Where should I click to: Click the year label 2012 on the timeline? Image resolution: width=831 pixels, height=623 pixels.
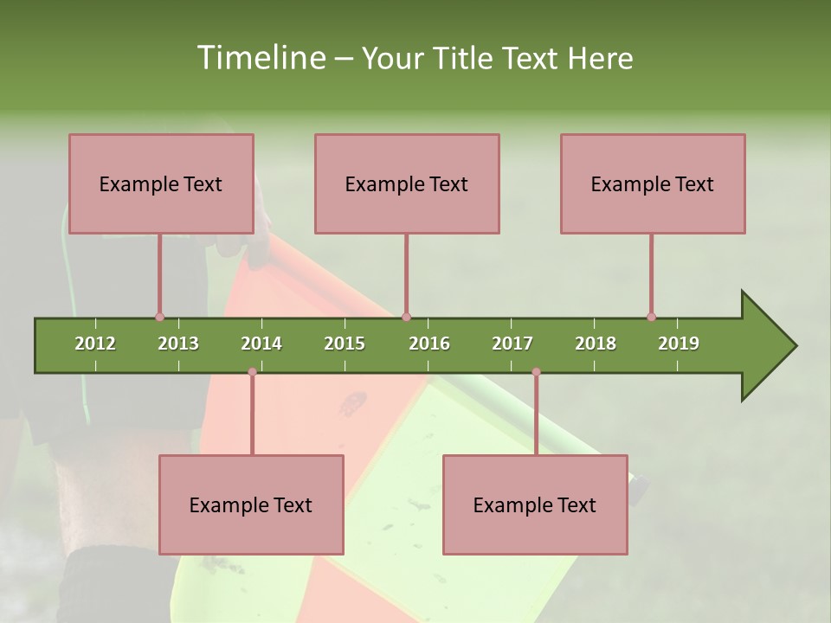click(x=95, y=344)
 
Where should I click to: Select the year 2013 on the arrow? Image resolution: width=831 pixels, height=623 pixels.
click(x=178, y=344)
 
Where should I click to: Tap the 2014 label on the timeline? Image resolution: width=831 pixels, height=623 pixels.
click(x=261, y=344)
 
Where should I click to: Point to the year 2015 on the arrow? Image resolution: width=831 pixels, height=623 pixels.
click(x=345, y=344)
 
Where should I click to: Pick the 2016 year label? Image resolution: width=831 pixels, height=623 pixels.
click(x=429, y=344)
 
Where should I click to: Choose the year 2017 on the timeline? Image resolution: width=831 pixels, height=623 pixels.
click(x=512, y=344)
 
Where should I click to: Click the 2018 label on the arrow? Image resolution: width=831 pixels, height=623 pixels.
click(x=596, y=344)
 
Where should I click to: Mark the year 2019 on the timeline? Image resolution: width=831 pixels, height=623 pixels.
click(x=679, y=344)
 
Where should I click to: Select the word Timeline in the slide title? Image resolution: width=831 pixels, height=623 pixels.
click(x=259, y=58)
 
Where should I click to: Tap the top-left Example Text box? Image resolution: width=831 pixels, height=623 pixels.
click(x=161, y=183)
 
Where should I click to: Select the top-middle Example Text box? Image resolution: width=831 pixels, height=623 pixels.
click(x=407, y=183)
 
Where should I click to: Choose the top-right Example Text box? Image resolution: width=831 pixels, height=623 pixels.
click(x=653, y=183)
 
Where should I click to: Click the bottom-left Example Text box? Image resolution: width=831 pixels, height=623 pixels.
click(x=251, y=504)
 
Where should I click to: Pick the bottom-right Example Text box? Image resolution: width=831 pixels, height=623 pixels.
click(x=535, y=504)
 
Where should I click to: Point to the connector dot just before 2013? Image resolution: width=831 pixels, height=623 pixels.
click(x=159, y=317)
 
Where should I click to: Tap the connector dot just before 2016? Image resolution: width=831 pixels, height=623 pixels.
click(x=406, y=317)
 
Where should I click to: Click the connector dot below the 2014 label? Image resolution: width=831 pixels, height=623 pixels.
click(x=252, y=372)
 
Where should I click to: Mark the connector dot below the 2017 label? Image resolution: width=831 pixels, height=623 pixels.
click(x=536, y=372)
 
